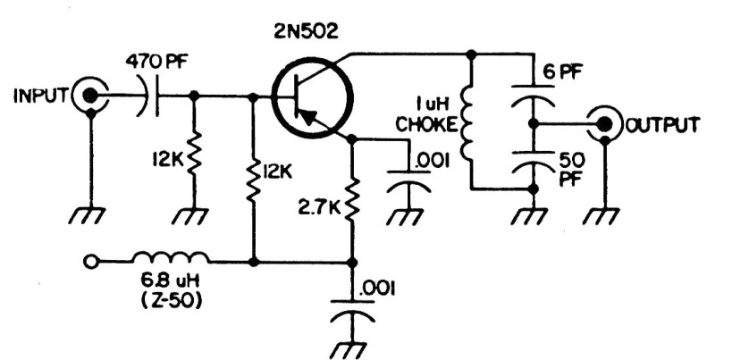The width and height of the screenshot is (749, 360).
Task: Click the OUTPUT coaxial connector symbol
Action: point(607,122)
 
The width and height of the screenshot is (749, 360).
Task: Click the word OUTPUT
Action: point(662,122)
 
